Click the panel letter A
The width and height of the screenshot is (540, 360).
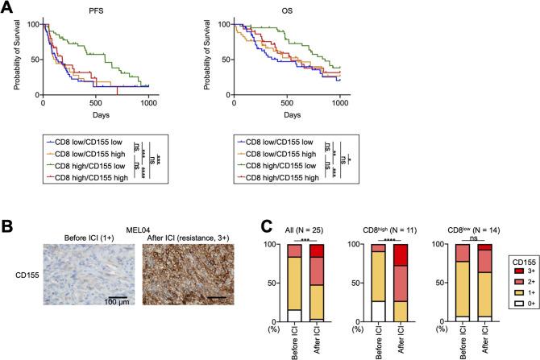tap(8, 8)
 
